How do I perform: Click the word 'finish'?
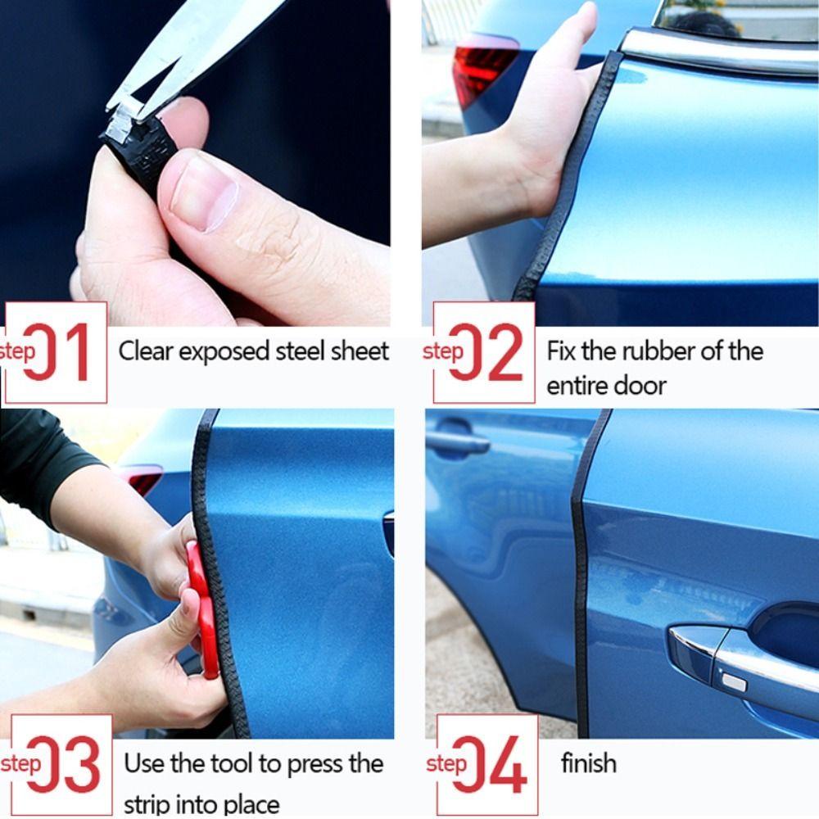tap(588, 764)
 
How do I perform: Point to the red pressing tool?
tap(201, 606)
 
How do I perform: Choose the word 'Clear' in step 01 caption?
tap(146, 351)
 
